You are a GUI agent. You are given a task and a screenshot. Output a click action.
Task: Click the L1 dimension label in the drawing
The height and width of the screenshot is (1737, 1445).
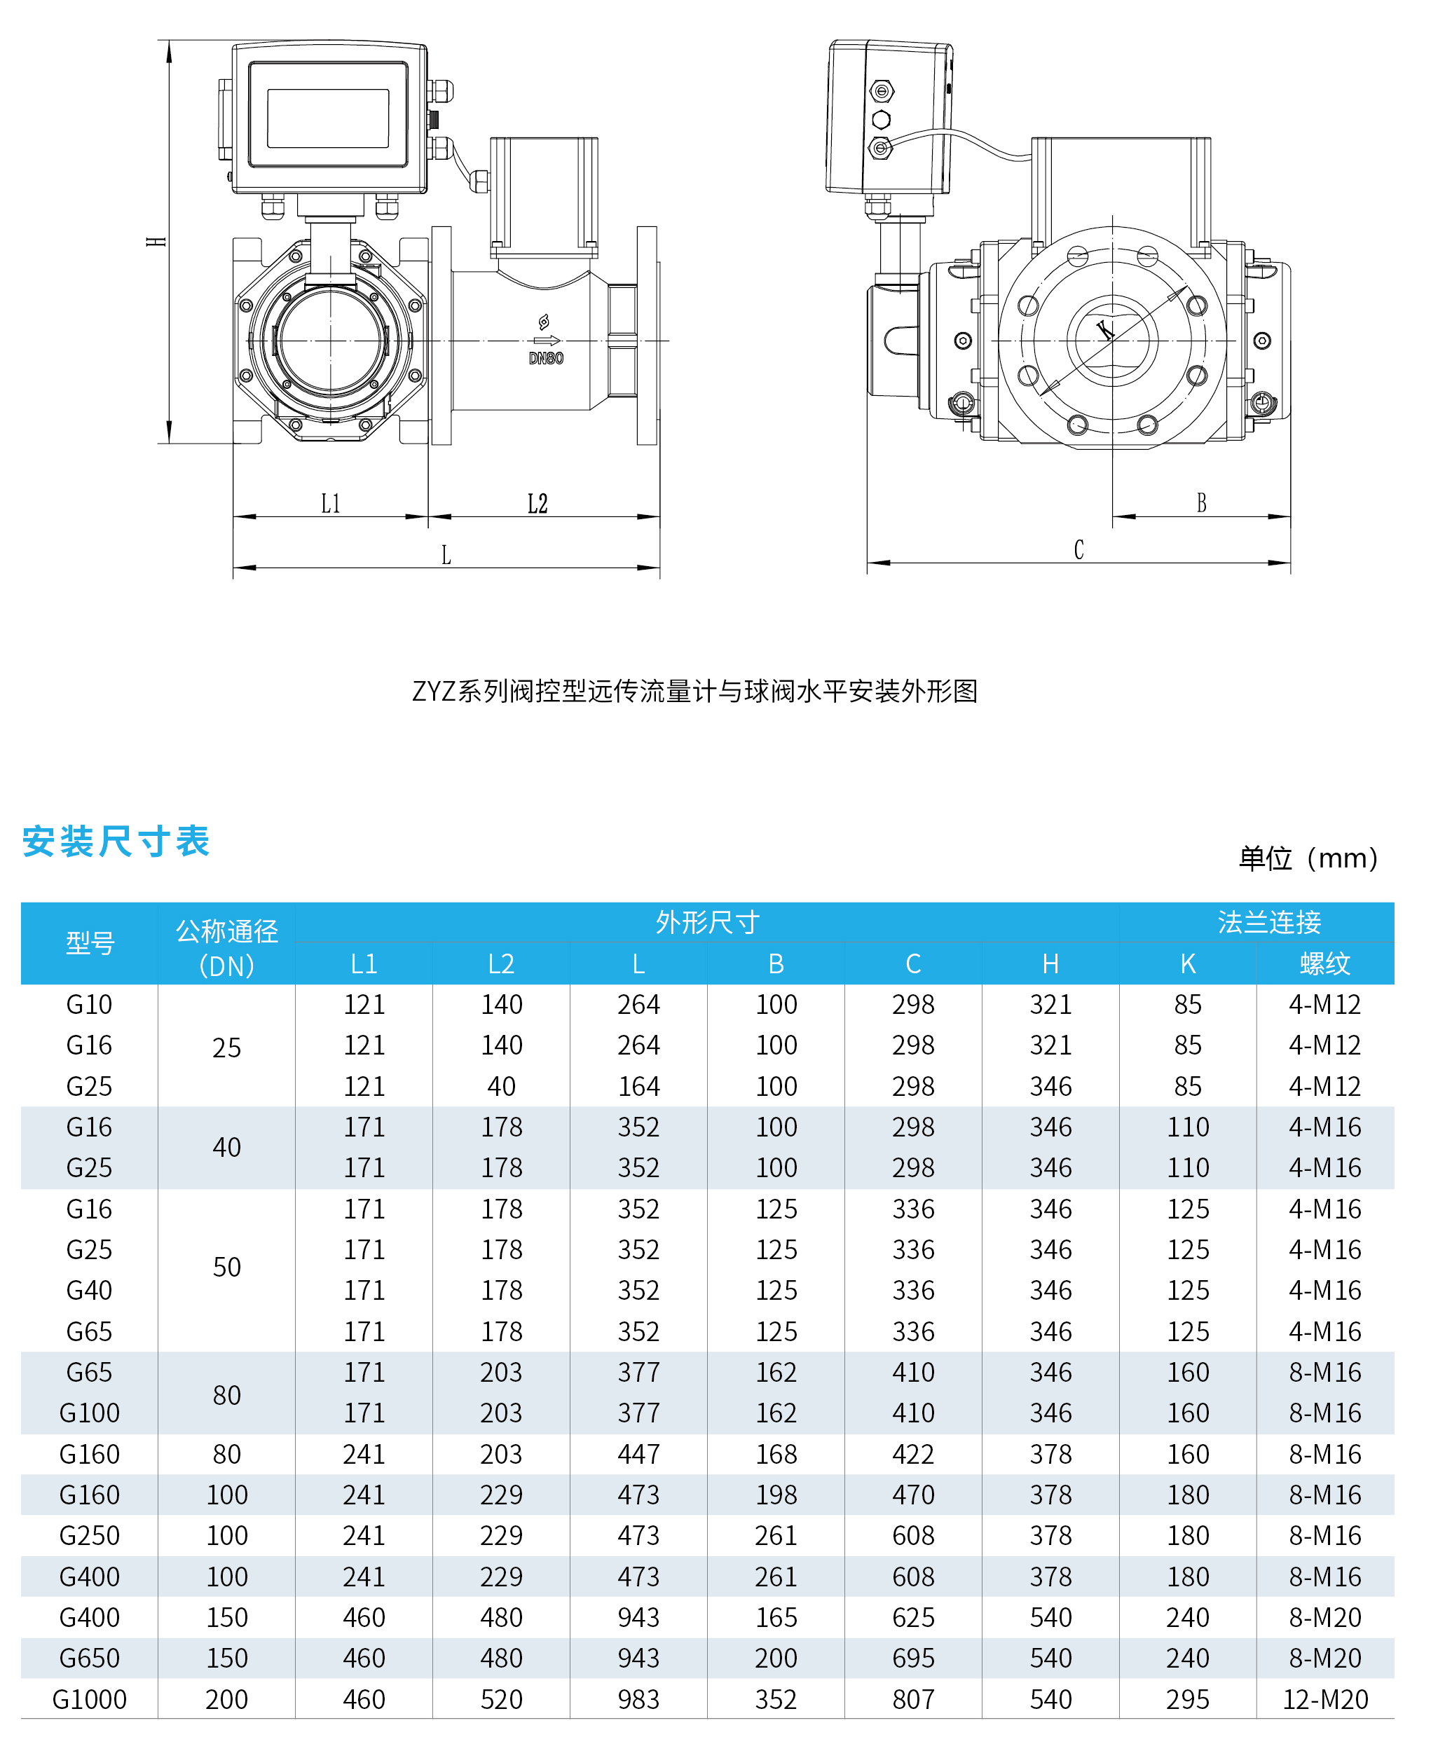pyautogui.click(x=331, y=503)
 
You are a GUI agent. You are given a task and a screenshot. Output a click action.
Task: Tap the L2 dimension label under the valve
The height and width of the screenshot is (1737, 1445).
pyautogui.click(x=537, y=503)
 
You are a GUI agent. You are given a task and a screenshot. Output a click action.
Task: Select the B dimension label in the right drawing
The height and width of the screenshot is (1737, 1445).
pyautogui.click(x=1201, y=502)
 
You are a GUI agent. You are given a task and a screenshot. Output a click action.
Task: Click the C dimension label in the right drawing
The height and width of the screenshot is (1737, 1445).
pyautogui.click(x=1078, y=549)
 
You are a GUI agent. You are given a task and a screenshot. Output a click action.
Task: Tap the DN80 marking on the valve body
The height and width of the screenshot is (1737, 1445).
pyautogui.click(x=546, y=358)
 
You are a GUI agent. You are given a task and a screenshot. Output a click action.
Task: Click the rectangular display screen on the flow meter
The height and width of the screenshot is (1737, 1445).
pyautogui.click(x=329, y=118)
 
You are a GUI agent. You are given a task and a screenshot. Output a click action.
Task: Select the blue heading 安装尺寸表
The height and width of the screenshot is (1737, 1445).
pyautogui.click(x=116, y=842)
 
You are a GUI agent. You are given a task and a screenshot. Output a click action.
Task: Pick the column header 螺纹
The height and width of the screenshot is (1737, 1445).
pyautogui.click(x=1324, y=963)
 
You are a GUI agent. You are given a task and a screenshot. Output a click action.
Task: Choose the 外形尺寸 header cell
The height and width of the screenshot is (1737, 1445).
pyautogui.click(x=707, y=921)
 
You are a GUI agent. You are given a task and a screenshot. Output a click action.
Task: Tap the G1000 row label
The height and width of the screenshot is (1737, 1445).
pyautogui.click(x=89, y=1699)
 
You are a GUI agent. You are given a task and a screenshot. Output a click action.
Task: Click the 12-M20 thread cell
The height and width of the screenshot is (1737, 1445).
pyautogui.click(x=1325, y=1699)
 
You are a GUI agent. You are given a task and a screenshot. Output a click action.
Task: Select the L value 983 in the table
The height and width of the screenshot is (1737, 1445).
pyautogui.click(x=638, y=1699)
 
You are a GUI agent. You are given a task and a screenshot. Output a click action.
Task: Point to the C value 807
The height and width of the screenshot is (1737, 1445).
pyautogui.click(x=913, y=1699)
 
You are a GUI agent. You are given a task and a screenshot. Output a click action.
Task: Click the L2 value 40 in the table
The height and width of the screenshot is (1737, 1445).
pyautogui.click(x=501, y=1086)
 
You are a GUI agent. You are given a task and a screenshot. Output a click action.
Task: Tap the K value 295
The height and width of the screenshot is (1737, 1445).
pyautogui.click(x=1188, y=1699)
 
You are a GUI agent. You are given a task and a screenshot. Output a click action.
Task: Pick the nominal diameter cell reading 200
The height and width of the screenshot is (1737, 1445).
pyautogui.click(x=226, y=1699)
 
